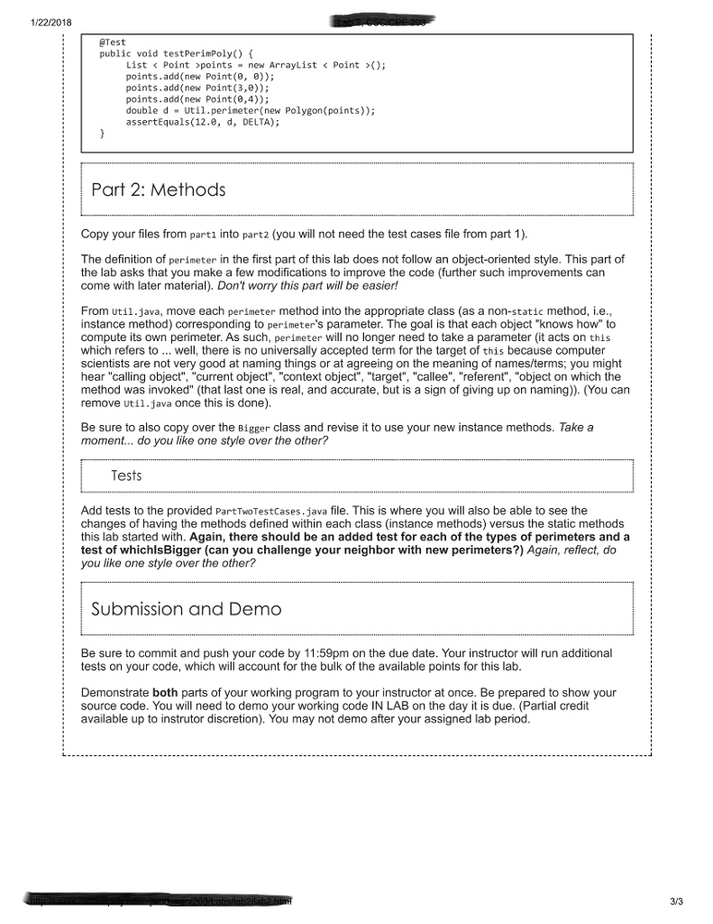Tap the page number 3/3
[x=678, y=900]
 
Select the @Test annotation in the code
[x=112, y=42]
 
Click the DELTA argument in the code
[x=255, y=121]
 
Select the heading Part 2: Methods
[x=159, y=190]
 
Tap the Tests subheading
[x=126, y=476]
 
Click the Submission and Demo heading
[x=187, y=610]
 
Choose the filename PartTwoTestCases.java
[x=270, y=511]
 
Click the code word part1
[x=203, y=236]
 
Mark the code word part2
[x=254, y=236]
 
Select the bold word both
[x=165, y=693]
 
